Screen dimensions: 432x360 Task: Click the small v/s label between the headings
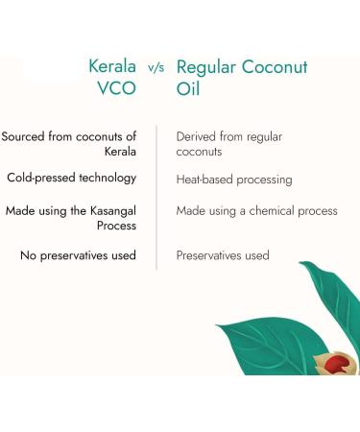[157, 69]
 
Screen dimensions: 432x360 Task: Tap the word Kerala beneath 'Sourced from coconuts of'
[120, 152]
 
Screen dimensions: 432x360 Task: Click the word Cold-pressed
[43, 178]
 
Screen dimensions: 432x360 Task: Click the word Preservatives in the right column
[213, 255]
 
